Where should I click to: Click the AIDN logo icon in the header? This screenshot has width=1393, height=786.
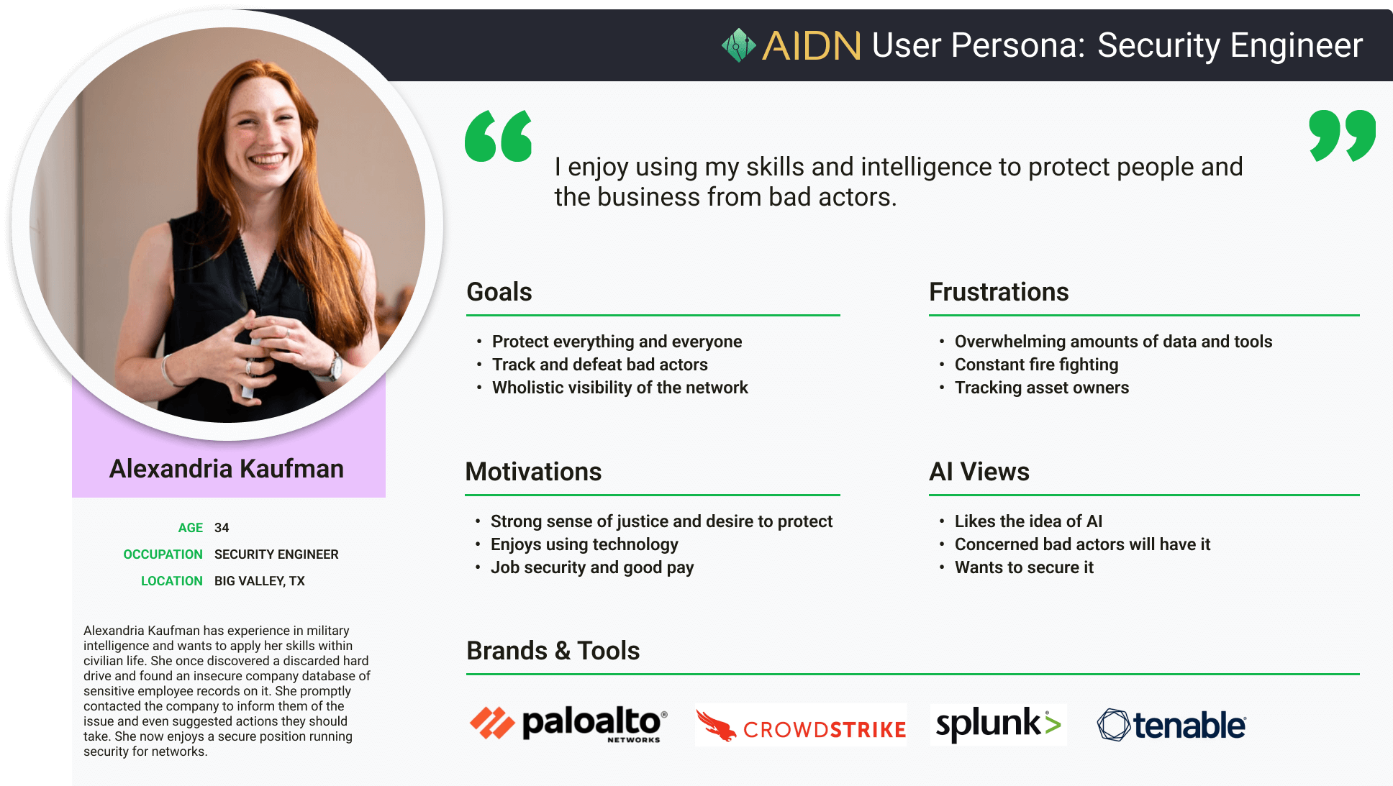tap(739, 45)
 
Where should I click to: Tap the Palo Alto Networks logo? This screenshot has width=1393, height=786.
tap(568, 724)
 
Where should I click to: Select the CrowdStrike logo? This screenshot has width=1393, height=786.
tap(801, 725)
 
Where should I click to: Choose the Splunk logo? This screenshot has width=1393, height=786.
tap(998, 724)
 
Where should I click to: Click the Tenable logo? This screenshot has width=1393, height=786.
tap(1171, 725)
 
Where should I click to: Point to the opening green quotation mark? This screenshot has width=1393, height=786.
tap(499, 136)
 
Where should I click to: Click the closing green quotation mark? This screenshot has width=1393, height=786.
tap(1342, 136)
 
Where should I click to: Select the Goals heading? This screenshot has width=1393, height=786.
tap(499, 292)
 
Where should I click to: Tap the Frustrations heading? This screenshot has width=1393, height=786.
tap(999, 292)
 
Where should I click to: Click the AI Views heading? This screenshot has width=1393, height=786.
tap(979, 472)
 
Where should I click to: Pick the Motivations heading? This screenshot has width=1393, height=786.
tap(533, 472)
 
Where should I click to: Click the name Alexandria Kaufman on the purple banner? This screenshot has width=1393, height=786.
tap(227, 469)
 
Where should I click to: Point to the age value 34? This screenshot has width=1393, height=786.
tap(222, 528)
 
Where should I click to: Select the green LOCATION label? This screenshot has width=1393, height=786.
tap(172, 581)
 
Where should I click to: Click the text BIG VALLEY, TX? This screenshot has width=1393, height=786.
tap(260, 581)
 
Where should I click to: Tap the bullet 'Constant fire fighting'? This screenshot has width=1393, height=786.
tap(1036, 365)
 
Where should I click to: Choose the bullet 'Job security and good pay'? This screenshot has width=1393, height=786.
tap(592, 567)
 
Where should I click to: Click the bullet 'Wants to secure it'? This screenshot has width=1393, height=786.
tap(1024, 567)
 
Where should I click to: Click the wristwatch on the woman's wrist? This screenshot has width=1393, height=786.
tap(335, 366)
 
